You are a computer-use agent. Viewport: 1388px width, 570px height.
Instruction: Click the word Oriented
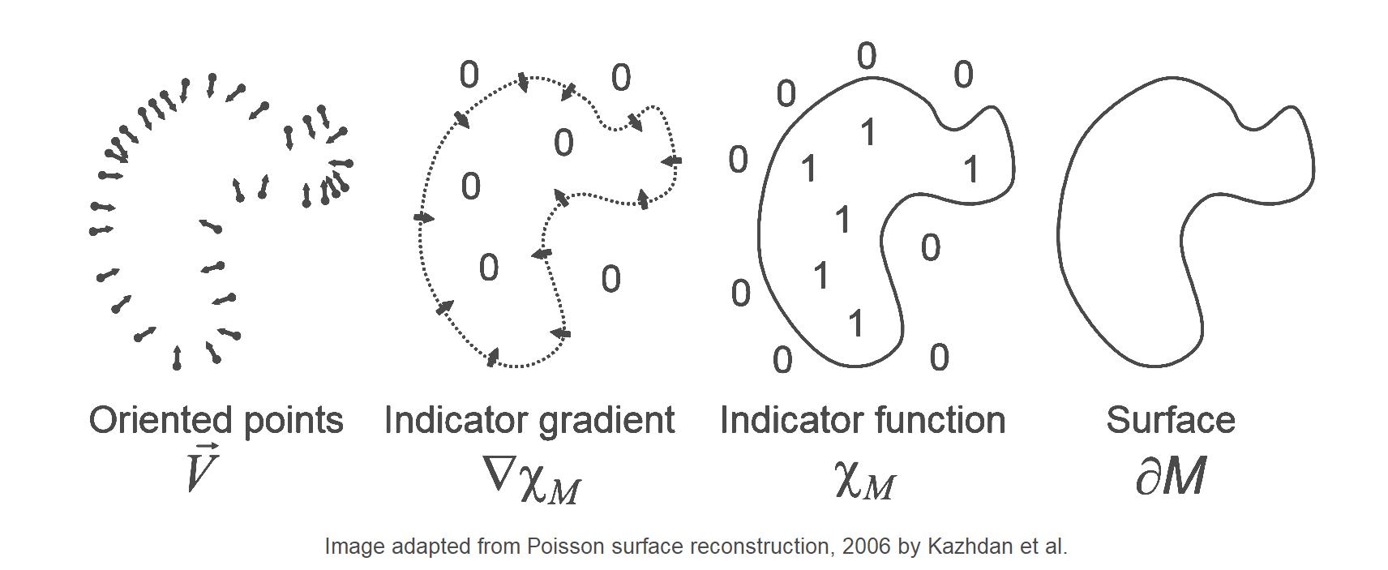tap(161, 420)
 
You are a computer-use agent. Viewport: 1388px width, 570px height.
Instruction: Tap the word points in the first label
tap(293, 422)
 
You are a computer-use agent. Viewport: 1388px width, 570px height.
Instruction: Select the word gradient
tap(606, 422)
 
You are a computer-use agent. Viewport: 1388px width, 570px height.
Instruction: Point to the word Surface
tap(1171, 420)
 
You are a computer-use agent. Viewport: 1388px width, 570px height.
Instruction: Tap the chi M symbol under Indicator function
tap(865, 482)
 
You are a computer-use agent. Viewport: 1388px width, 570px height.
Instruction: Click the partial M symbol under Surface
tap(1171, 476)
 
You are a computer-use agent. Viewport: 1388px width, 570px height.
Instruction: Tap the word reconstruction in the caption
tap(759, 546)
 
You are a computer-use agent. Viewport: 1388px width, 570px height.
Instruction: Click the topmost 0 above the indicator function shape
tap(867, 57)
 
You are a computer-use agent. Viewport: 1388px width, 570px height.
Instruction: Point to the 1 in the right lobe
tap(971, 169)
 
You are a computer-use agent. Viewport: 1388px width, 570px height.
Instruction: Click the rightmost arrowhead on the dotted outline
tap(671, 161)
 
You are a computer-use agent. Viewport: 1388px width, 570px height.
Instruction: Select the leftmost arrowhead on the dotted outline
tap(424, 217)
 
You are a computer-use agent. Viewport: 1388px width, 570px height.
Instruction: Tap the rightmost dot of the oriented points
tap(349, 164)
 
